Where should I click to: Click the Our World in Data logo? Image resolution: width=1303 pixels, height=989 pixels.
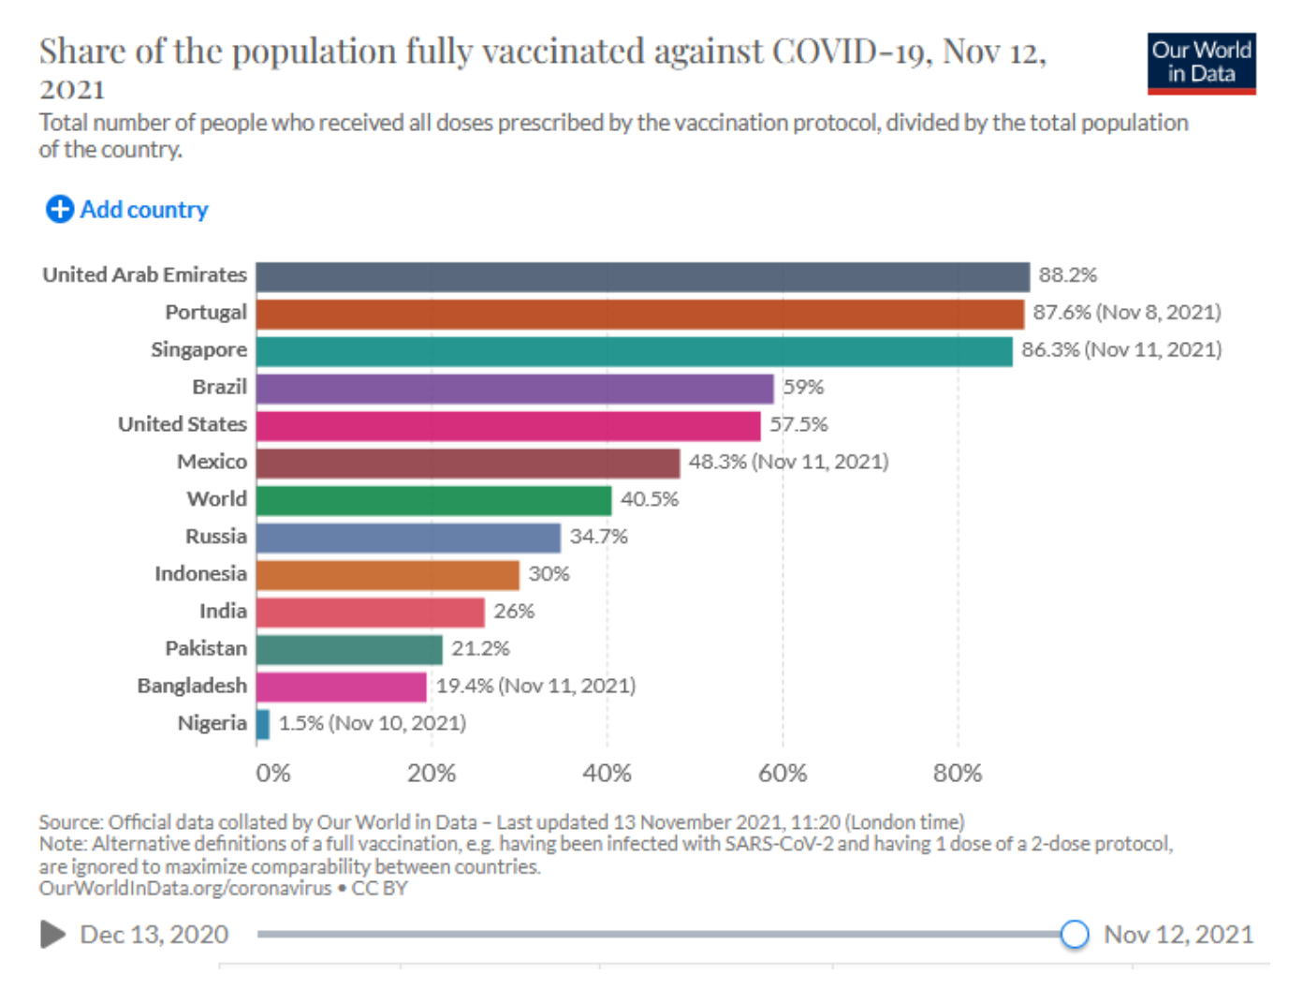[x=1201, y=63]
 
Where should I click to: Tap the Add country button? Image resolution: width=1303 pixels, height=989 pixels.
[x=127, y=209]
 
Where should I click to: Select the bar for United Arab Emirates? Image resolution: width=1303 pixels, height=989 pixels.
[x=642, y=276]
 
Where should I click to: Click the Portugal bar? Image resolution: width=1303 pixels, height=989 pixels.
[x=639, y=314]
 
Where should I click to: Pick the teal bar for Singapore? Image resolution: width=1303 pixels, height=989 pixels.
[x=634, y=351]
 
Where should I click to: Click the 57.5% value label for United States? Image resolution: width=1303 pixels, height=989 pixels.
[x=798, y=424]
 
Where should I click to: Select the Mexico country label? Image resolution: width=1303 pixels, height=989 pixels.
[x=212, y=462]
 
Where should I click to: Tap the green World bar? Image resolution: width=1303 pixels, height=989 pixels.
[x=433, y=500]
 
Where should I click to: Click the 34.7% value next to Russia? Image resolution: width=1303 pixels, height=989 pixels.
[x=598, y=537]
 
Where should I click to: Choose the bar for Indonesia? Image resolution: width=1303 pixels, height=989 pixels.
[x=388, y=575]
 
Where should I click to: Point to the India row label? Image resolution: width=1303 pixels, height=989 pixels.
[x=223, y=612]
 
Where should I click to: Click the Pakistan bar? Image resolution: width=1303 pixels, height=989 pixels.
[x=349, y=649]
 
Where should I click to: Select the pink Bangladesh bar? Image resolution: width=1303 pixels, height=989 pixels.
[x=341, y=686]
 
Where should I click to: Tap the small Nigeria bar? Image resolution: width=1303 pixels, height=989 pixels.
[x=263, y=724]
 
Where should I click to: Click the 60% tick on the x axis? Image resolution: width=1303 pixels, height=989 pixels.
[x=783, y=774]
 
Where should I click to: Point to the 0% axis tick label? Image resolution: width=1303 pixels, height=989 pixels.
[x=273, y=774]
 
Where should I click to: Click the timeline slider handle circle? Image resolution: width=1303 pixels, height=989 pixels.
[x=1075, y=934]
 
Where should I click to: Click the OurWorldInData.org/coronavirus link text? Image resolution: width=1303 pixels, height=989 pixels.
[x=185, y=888]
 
